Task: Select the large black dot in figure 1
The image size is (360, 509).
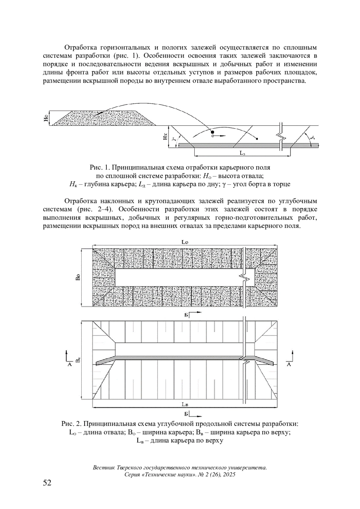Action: coord(212,132)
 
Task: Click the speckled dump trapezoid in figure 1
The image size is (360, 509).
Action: coord(105,118)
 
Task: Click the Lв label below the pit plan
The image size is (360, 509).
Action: coord(185,404)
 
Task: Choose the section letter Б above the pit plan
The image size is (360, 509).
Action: coord(186,315)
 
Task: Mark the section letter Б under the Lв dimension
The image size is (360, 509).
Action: coord(186,414)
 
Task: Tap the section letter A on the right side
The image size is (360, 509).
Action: coord(289,364)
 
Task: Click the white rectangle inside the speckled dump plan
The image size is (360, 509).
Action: coord(180,277)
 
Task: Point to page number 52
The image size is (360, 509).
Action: coord(47,483)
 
